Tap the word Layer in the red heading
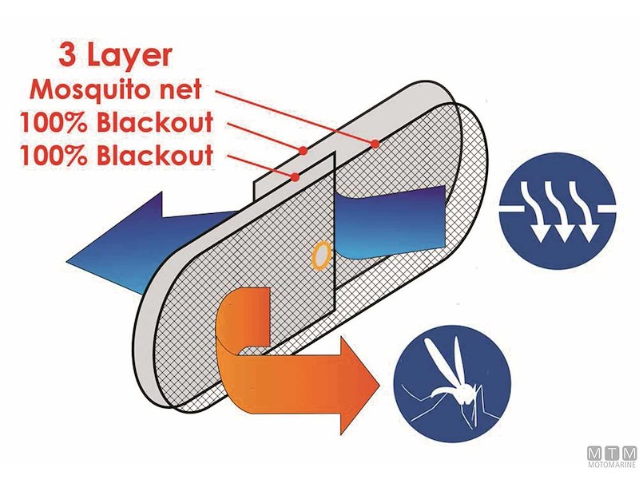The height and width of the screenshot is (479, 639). (x=129, y=57)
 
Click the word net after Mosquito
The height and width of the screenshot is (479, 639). (x=183, y=90)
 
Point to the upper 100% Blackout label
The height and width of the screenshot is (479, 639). (x=117, y=122)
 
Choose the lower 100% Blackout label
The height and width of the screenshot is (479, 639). (x=117, y=155)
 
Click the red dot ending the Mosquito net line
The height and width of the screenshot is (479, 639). (x=375, y=144)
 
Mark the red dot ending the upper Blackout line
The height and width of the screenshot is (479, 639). (x=303, y=151)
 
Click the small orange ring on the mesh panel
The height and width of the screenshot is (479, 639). (x=321, y=255)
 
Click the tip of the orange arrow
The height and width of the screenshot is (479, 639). (x=379, y=385)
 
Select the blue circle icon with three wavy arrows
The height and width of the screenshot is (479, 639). (x=558, y=211)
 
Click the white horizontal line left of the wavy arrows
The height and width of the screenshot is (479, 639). (x=511, y=209)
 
